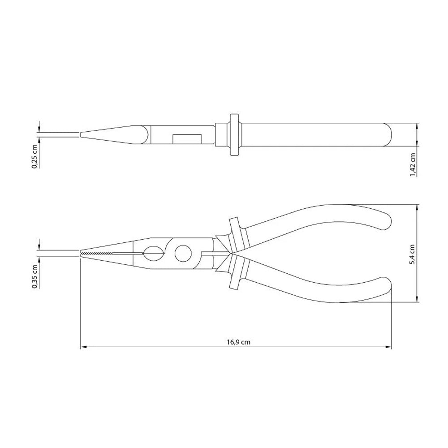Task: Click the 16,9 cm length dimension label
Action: (x=238, y=342)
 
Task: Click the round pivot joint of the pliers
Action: (x=183, y=254)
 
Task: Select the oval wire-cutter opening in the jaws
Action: (x=152, y=254)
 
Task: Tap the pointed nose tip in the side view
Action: (x=82, y=134)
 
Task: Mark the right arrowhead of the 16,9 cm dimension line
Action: (x=389, y=347)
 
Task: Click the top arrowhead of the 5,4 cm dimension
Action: (x=417, y=208)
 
